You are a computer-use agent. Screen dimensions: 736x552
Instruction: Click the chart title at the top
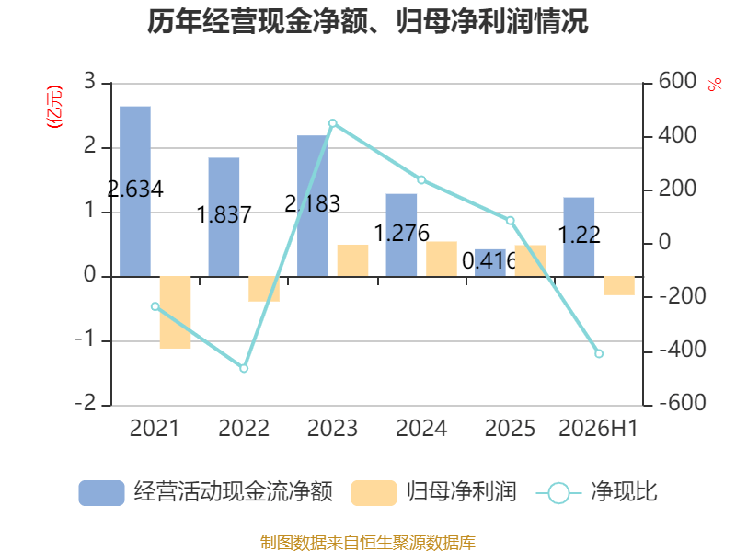click(x=367, y=21)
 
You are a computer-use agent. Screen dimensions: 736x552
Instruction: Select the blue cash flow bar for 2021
click(x=135, y=191)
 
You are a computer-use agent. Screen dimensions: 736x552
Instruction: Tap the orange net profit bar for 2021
click(x=175, y=313)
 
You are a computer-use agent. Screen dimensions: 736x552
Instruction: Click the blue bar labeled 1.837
click(x=224, y=217)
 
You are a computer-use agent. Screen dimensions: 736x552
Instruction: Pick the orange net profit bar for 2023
click(x=352, y=260)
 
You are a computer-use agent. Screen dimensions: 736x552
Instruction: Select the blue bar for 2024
click(x=401, y=236)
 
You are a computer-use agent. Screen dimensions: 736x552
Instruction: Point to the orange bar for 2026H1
click(x=619, y=286)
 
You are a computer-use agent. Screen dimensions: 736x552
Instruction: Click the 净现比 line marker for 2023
click(x=333, y=123)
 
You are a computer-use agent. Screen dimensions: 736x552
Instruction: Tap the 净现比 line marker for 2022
click(x=244, y=369)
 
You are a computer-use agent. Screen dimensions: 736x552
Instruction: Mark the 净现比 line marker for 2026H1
click(x=599, y=353)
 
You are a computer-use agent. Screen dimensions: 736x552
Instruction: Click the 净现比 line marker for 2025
click(x=511, y=221)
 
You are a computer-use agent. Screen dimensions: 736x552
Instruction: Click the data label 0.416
click(x=489, y=261)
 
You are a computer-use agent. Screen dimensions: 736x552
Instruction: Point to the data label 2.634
click(x=135, y=190)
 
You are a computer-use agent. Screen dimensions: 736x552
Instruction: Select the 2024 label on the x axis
click(x=421, y=428)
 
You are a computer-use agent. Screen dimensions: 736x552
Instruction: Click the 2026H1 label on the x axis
click(x=599, y=428)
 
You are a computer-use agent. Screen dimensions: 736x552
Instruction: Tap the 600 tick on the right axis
click(x=677, y=81)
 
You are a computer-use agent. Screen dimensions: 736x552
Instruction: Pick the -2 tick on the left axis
click(x=86, y=403)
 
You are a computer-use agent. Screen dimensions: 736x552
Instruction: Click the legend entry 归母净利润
click(x=434, y=492)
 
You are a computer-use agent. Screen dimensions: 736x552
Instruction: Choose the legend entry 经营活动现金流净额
click(x=205, y=492)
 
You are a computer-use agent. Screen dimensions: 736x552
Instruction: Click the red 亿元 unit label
click(x=54, y=107)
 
